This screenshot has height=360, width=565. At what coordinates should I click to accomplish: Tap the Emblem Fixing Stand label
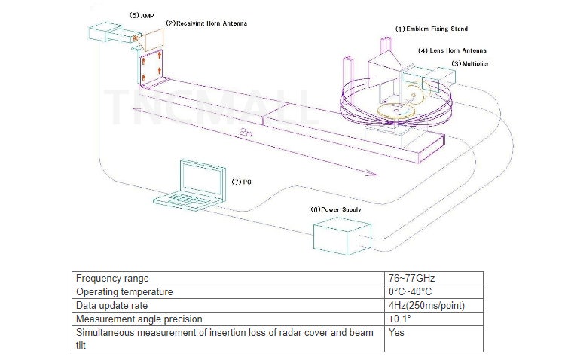432,29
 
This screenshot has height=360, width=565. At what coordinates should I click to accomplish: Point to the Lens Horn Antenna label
452,50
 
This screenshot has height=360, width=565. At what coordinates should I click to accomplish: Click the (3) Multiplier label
470,64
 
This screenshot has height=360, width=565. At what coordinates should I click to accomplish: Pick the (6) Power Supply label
336,209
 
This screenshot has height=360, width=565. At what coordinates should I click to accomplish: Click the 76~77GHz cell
411,278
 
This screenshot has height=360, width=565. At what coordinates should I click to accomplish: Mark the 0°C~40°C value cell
411,291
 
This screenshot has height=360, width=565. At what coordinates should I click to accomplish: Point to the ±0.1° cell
399,319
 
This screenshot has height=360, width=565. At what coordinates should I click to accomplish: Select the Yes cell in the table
397,332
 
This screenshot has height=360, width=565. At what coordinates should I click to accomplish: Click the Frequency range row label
112,278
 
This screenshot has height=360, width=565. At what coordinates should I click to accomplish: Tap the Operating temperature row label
124,291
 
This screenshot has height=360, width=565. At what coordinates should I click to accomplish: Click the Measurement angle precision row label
139,319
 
